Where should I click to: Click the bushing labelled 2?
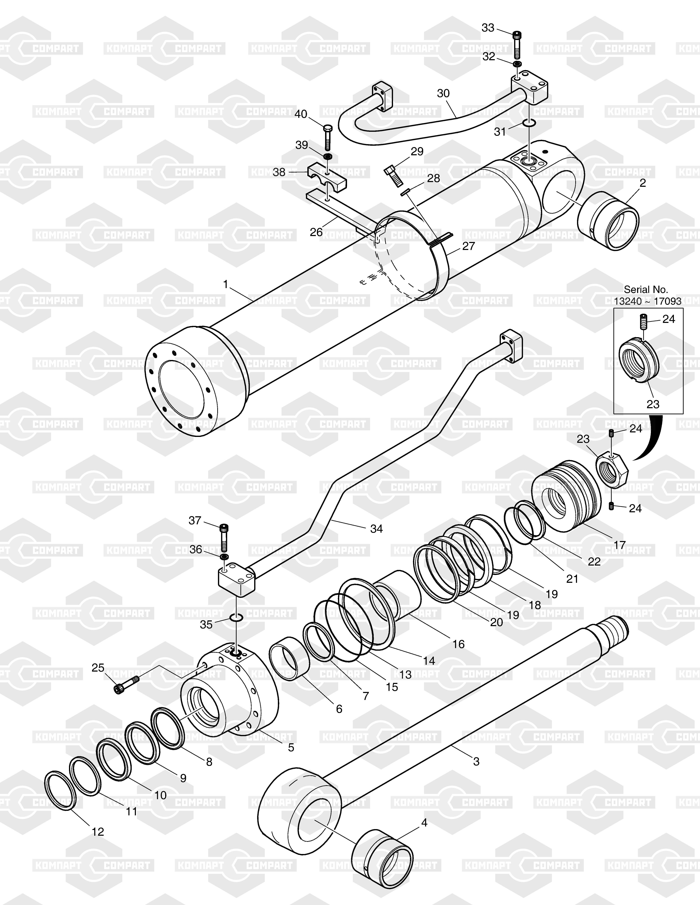(608, 220)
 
